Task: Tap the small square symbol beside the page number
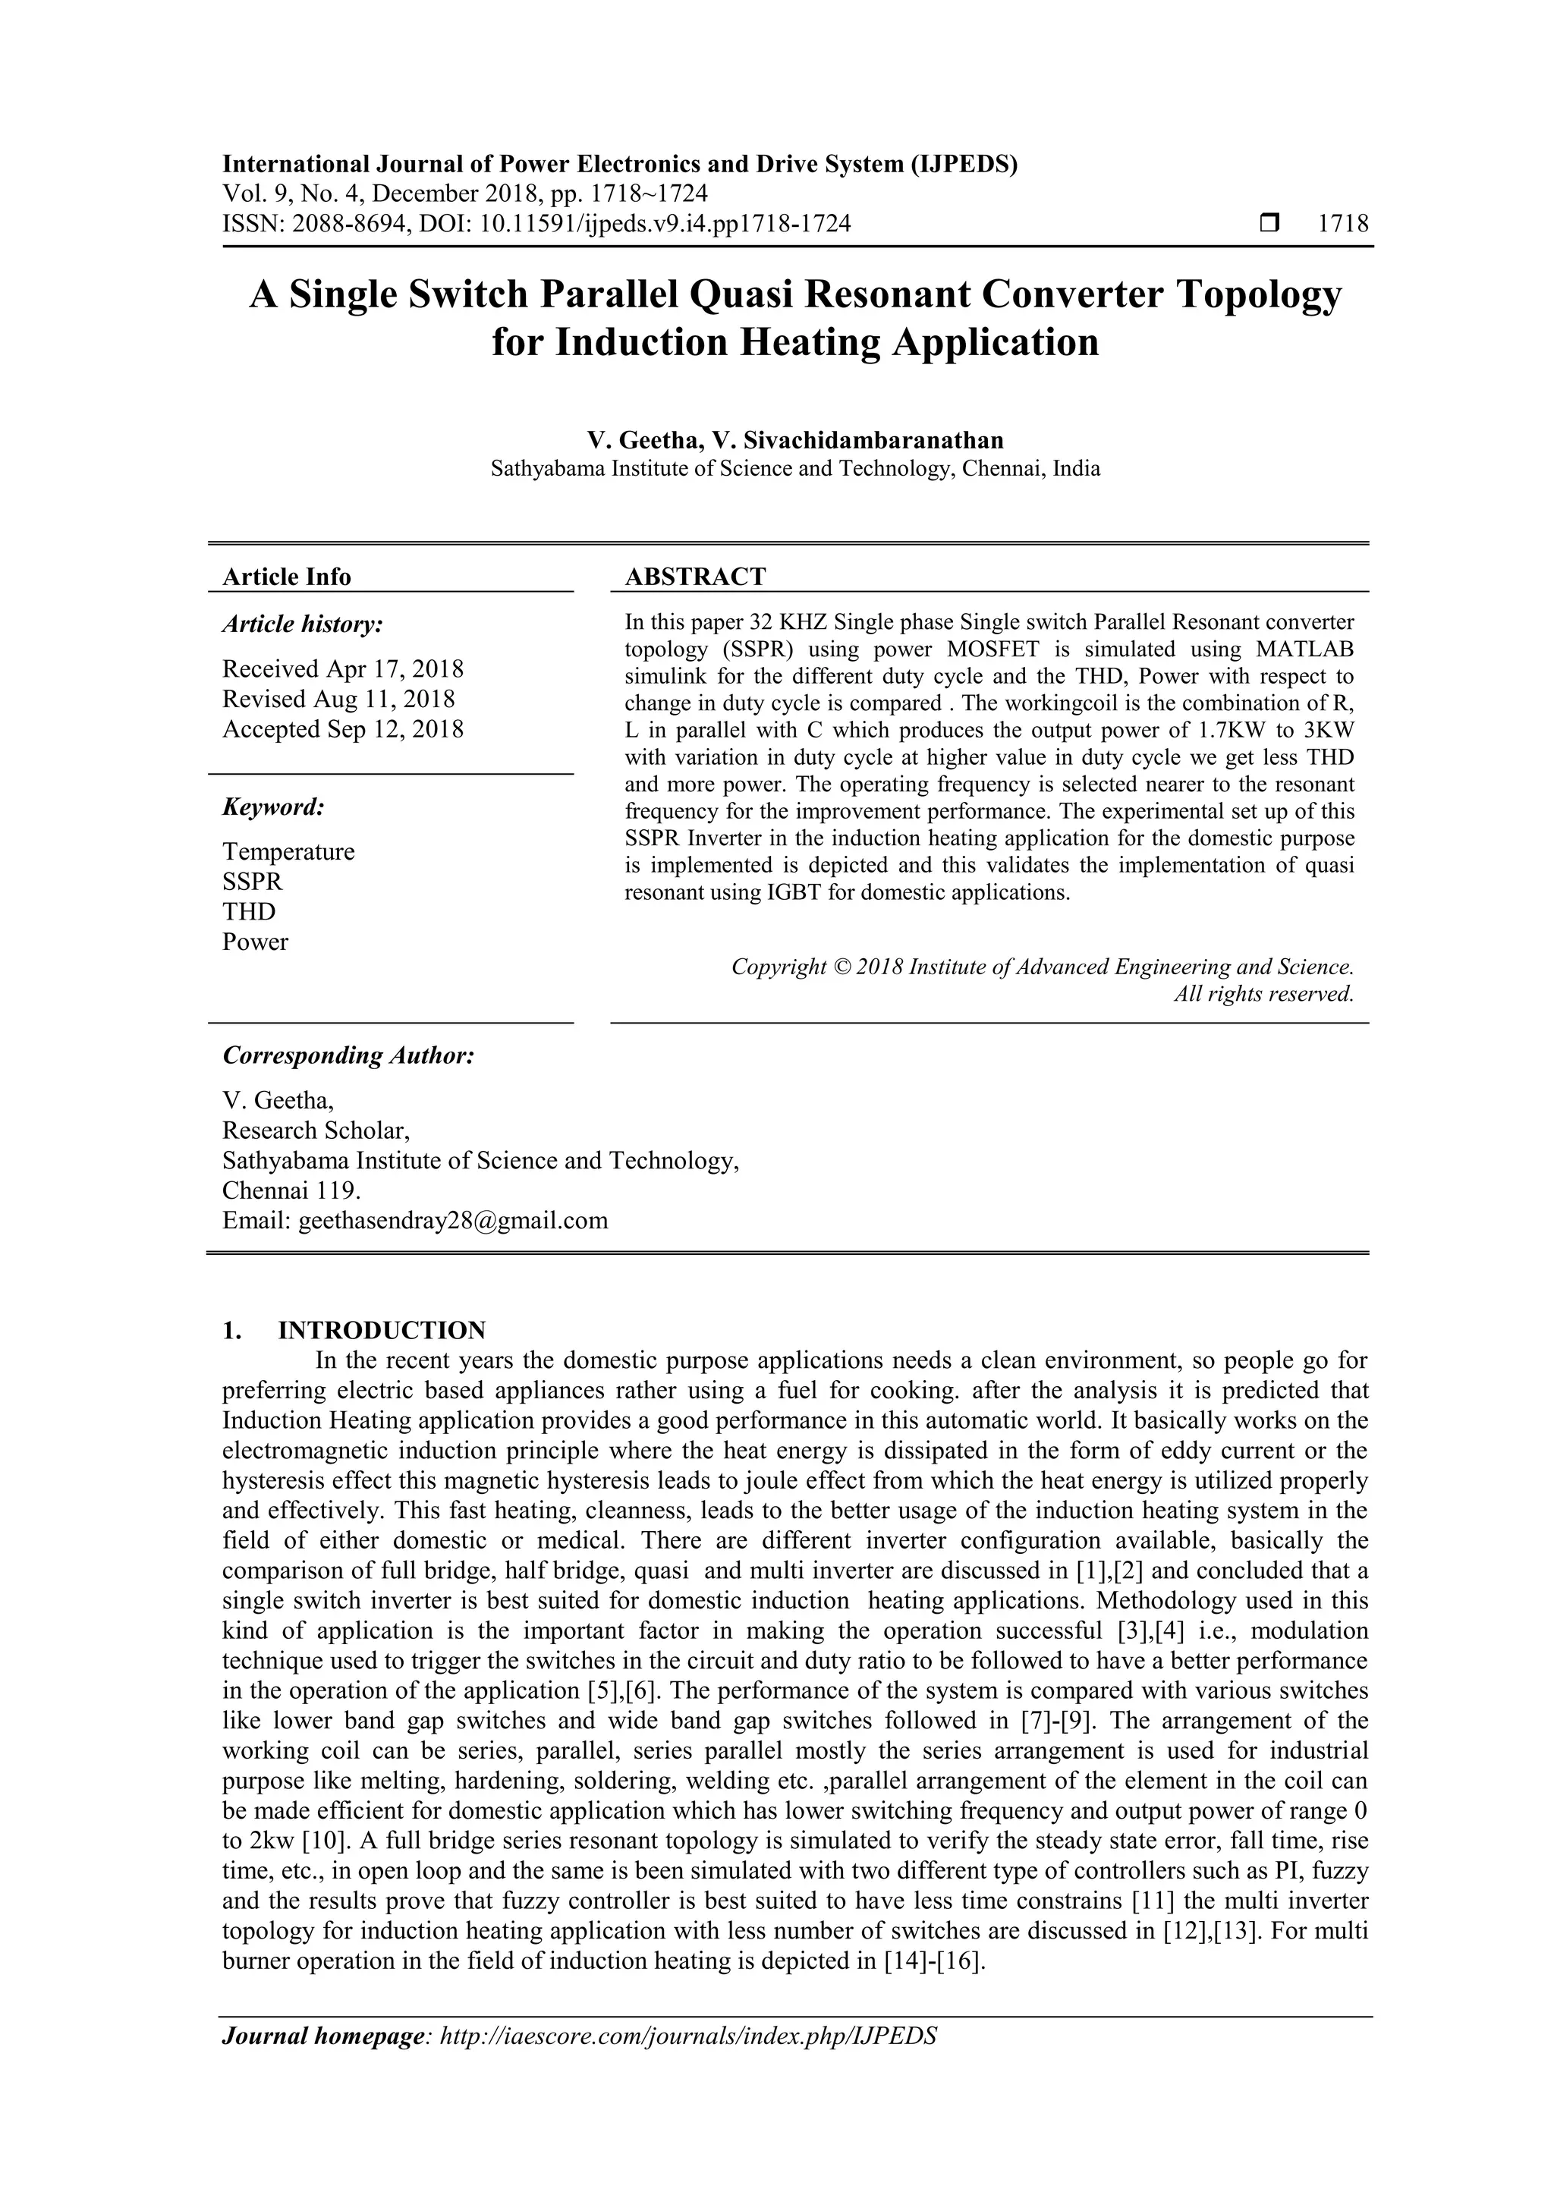(1269, 224)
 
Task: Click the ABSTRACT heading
(695, 577)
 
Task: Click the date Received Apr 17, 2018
(343, 668)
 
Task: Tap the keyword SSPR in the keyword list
(253, 882)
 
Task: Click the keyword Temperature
(288, 851)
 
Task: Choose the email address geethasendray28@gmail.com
(453, 1221)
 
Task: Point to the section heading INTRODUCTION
(381, 1331)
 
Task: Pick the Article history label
(303, 624)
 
